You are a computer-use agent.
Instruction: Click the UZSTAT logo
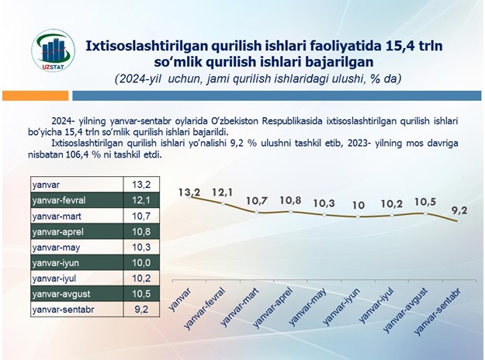click(53, 51)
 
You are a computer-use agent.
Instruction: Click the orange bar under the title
click(35, 95)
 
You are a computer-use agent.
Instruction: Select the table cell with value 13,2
click(141, 185)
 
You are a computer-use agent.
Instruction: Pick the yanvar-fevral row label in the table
click(77, 200)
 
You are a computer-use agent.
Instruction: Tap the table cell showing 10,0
click(141, 263)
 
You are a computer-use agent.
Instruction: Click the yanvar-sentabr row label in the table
click(77, 310)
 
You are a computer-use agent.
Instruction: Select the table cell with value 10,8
click(141, 232)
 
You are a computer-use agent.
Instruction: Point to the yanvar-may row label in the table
click(77, 247)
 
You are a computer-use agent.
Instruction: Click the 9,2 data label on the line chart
click(459, 210)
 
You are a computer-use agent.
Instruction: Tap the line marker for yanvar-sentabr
click(459, 221)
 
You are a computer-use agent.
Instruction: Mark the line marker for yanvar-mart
click(256, 212)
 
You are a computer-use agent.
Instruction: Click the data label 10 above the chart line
click(359, 206)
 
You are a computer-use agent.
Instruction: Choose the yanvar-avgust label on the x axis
click(405, 310)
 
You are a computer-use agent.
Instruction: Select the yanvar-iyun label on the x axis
click(341, 306)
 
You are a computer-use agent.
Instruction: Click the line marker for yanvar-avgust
click(425, 213)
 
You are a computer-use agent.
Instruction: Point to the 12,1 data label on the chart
click(223, 192)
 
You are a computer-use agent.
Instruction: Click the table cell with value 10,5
click(141, 294)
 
